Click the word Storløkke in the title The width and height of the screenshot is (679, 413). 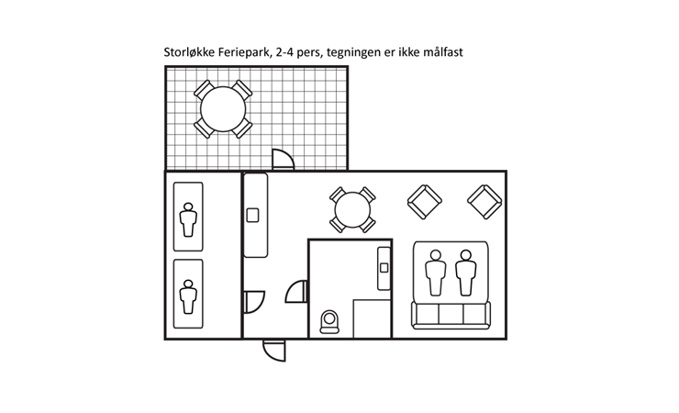pyautogui.click(x=190, y=54)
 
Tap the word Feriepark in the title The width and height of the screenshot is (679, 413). pyautogui.click(x=245, y=54)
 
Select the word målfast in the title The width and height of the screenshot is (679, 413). pyautogui.click(x=441, y=54)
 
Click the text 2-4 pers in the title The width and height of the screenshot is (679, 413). pyautogui.click(x=299, y=54)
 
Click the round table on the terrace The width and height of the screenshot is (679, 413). pyautogui.click(x=221, y=108)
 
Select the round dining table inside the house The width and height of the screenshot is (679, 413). pyautogui.click(x=352, y=210)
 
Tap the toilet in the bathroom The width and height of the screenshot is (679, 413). pyautogui.click(x=328, y=321)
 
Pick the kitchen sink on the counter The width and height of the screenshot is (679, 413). pyautogui.click(x=253, y=216)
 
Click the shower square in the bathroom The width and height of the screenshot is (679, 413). pyautogui.click(x=373, y=318)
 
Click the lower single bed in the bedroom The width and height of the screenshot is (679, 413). pyautogui.click(x=188, y=294)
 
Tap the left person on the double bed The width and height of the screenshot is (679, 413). pyautogui.click(x=437, y=273)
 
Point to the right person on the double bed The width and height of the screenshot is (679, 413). pyautogui.click(x=467, y=273)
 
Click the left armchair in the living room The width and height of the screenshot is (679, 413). pyautogui.click(x=424, y=202)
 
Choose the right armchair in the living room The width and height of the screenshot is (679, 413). pyautogui.click(x=484, y=202)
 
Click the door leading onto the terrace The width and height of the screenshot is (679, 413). pyautogui.click(x=283, y=162)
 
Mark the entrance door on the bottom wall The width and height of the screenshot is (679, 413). pyautogui.click(x=273, y=349)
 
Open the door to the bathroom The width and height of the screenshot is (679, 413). pyautogui.click(x=297, y=293)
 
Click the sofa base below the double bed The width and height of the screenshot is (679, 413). pyautogui.click(x=451, y=314)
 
